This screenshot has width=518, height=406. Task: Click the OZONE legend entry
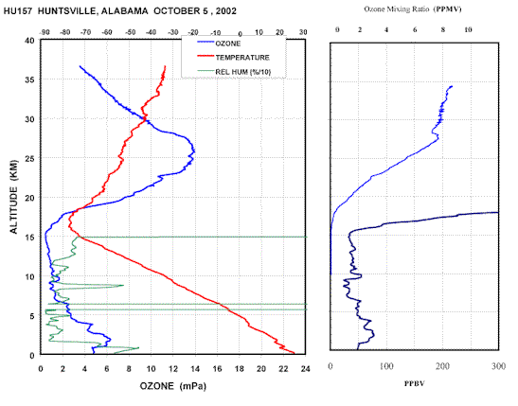point(219,44)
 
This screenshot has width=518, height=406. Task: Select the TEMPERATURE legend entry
point(233,58)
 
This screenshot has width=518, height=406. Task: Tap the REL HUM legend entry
point(234,72)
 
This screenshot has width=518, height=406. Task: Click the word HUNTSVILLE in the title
point(67,11)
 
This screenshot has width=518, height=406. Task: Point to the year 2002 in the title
point(226,11)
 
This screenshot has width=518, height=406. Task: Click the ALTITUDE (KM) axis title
point(13,197)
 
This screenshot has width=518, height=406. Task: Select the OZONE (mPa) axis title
point(173,386)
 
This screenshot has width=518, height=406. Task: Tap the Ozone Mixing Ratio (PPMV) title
point(413,9)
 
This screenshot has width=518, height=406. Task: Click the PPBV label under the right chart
point(415,383)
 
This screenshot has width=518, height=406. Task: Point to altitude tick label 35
point(29,79)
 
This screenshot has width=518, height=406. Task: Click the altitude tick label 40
point(29,41)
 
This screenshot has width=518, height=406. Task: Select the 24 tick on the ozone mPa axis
point(305,369)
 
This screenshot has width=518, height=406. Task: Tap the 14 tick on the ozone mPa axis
point(195,369)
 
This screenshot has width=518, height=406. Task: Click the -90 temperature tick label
point(45,32)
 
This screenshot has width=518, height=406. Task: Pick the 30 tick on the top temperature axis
point(303,32)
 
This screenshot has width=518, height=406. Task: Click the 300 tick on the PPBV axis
point(498,366)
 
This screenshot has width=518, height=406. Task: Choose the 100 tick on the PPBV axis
point(386,366)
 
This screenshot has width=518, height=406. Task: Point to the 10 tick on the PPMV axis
point(468,29)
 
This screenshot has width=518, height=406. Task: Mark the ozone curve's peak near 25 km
point(194,151)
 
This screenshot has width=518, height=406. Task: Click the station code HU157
point(18,11)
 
